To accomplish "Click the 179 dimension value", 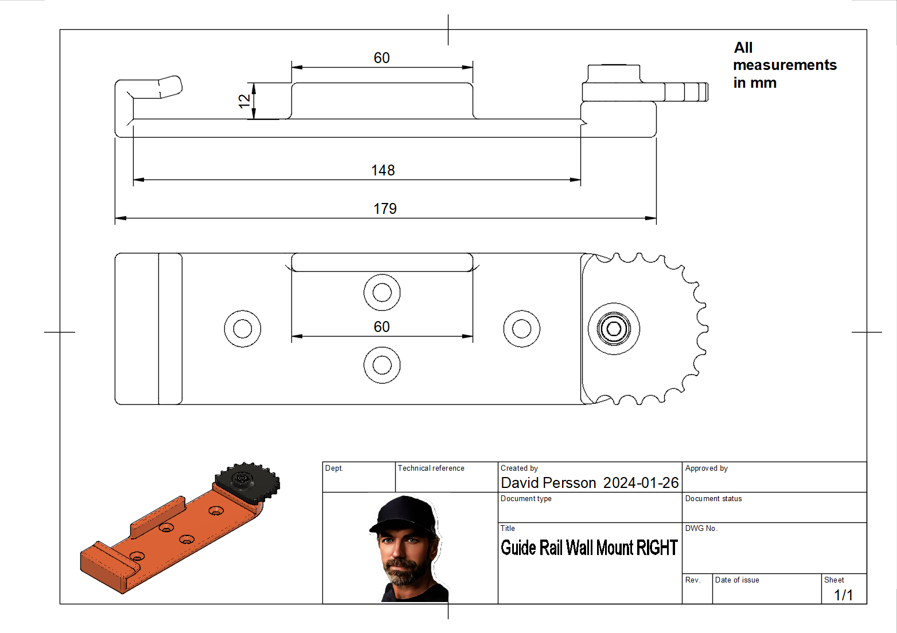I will [385, 209].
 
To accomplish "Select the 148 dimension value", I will [383, 170].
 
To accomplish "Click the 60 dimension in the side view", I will [382, 58].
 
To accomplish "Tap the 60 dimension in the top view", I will [382, 327].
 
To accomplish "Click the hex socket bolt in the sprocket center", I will [614, 329].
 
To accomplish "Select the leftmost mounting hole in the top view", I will [243, 329].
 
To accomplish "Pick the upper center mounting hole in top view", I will [382, 292].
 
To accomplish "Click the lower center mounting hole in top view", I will [382, 365].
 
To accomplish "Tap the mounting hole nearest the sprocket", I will [521, 329].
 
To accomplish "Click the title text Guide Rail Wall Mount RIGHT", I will [589, 548].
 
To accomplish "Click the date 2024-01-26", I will [641, 483].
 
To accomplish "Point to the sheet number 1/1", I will [843, 595].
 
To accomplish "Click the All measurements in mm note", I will [784, 65].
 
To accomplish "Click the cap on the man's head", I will [404, 512].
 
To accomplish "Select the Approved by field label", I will [706, 468].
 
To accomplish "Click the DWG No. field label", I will [701, 528].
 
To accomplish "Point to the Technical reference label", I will [431, 468].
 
